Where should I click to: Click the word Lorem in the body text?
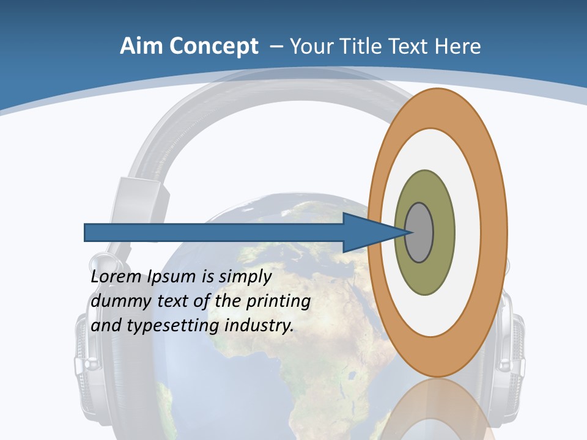pos(116,277)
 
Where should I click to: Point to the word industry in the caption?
pos(259,326)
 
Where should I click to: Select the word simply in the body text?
pos(245,277)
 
